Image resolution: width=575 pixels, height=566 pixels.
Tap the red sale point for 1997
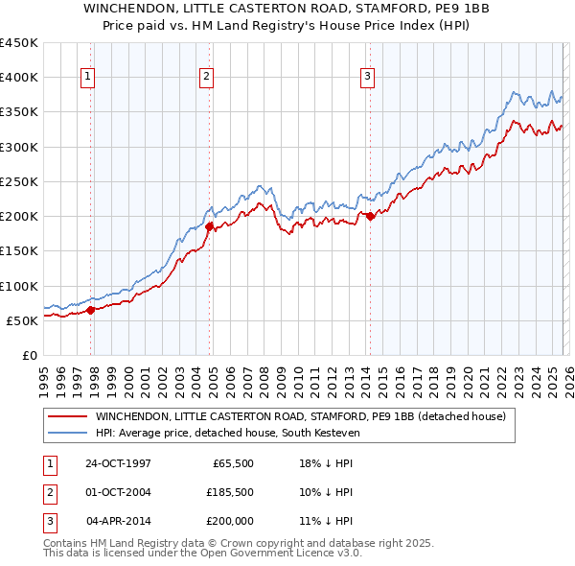[x=91, y=310]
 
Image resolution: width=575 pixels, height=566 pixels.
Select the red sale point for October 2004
[x=210, y=226]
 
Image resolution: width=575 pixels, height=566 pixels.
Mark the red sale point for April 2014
[x=371, y=216]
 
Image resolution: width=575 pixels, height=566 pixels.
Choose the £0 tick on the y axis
[x=28, y=355]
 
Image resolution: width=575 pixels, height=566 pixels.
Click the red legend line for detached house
[x=67, y=417]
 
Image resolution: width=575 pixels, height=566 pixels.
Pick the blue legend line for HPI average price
[x=67, y=435]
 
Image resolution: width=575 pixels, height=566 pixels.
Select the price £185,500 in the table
[x=229, y=492]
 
